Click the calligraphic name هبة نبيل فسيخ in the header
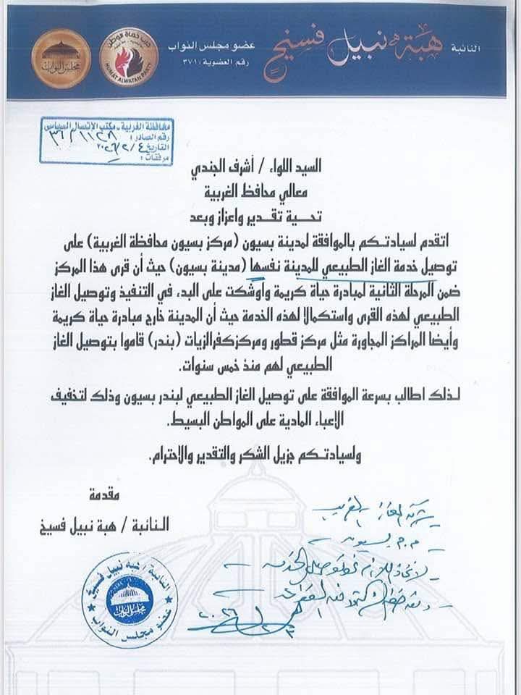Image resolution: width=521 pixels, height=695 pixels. pyautogui.click(x=376, y=43)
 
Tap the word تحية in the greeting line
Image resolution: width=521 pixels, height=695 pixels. pyautogui.click(x=337, y=215)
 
